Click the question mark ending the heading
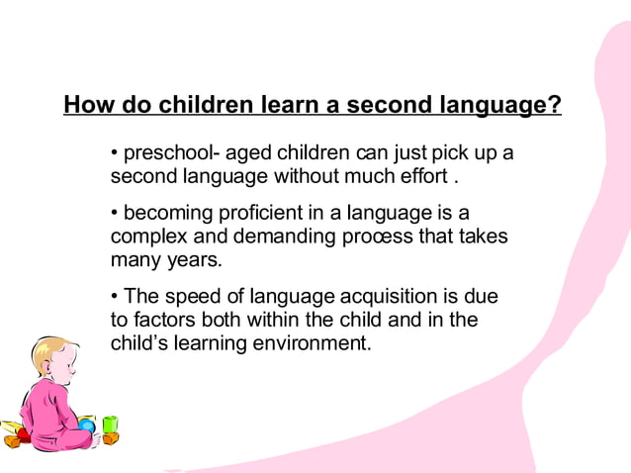[x=554, y=105]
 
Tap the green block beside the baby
[x=110, y=424]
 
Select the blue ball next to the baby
[x=87, y=426]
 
